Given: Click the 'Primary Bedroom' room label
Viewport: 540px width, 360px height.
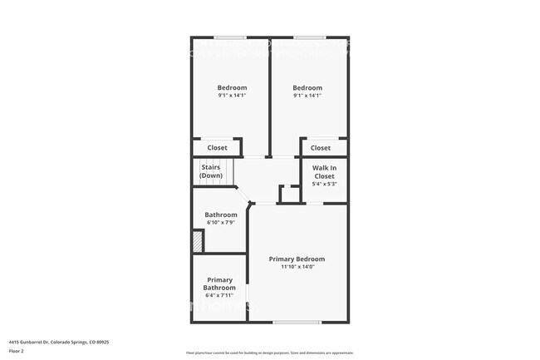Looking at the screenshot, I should (297, 259).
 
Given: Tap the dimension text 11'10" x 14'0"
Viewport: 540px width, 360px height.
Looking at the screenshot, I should (297, 267).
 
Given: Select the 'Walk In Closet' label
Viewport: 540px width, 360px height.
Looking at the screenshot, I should (323, 172).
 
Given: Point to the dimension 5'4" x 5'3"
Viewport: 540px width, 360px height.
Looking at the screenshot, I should (323, 184).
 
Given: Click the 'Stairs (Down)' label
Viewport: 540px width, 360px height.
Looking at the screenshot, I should (211, 171).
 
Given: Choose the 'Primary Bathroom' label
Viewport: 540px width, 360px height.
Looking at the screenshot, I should (219, 284).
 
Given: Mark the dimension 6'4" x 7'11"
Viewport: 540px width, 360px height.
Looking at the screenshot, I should (219, 295).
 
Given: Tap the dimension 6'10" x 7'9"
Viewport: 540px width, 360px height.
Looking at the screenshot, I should (221, 223).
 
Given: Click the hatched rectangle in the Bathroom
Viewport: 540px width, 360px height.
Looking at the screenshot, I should (198, 241).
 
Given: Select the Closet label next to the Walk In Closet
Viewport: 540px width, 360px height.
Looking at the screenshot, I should (321, 148).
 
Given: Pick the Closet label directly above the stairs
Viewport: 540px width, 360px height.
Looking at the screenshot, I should (217, 148).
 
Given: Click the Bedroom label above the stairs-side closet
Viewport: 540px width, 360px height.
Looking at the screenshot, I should (232, 87).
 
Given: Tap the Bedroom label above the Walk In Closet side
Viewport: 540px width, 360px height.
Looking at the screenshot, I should (307, 87).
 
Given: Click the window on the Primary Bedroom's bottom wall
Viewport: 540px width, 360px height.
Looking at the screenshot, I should (297, 323).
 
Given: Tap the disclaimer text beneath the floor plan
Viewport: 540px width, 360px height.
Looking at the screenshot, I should (269, 353).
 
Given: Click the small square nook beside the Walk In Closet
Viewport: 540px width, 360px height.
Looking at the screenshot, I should (289, 194).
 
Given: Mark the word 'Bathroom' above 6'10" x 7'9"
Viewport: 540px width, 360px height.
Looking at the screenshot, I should (221, 215).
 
